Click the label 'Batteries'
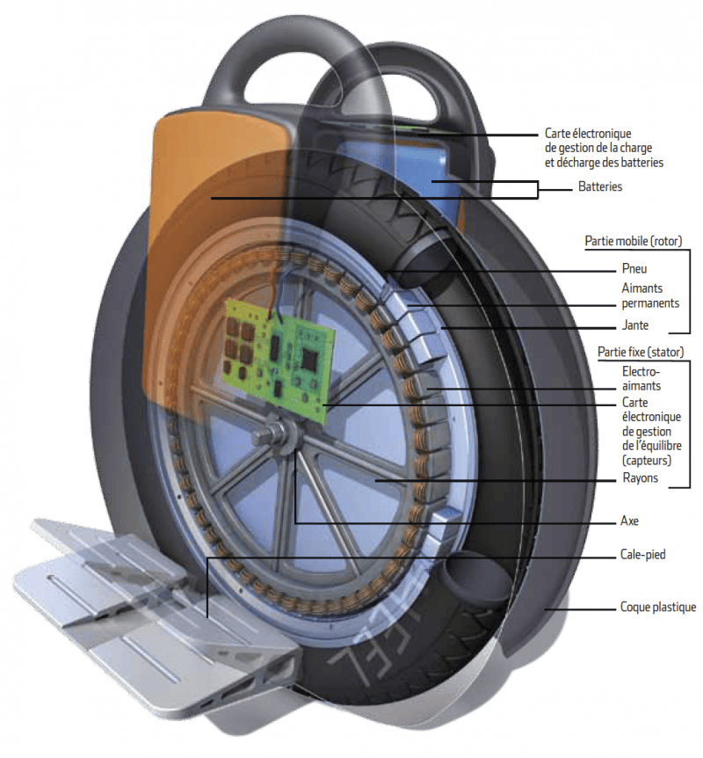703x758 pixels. point(600,187)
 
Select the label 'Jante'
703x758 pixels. point(634,324)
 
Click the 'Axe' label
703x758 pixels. point(629,521)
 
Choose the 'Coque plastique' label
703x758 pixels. point(657,607)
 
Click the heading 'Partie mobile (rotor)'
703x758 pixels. point(634,240)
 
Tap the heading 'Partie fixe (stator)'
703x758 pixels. point(640,352)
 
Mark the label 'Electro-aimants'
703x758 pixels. point(639,379)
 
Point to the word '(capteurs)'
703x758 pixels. point(646,460)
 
